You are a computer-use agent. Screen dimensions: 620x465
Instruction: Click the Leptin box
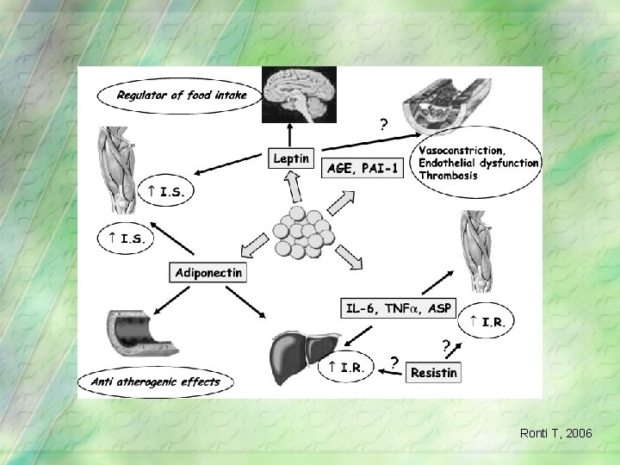coord(291,158)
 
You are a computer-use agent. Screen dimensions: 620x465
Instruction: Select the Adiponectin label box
coord(208,272)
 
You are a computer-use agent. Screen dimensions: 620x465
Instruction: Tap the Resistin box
coord(434,372)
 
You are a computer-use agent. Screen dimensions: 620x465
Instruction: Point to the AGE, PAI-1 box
coord(363,169)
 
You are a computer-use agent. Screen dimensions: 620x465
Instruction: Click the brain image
coord(299,96)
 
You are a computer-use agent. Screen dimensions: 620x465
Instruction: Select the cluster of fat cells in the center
coord(301,231)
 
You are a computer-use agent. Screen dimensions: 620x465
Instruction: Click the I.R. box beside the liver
coord(346,368)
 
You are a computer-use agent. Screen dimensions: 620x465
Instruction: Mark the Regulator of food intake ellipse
coord(181,95)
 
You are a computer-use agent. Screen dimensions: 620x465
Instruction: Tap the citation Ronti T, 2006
coord(555,433)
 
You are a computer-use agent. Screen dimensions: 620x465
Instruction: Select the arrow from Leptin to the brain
coord(291,135)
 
